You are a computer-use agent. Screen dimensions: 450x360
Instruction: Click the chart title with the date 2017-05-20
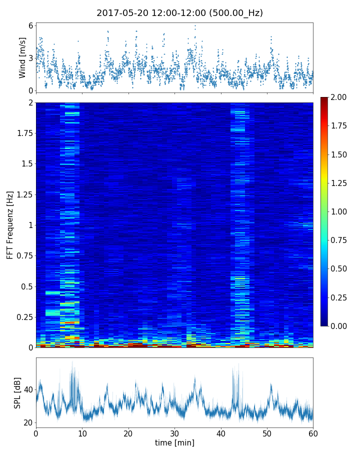point(179,13)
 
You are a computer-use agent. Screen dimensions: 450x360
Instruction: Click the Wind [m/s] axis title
point(22,57)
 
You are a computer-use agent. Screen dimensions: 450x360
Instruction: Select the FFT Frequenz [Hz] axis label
point(10,225)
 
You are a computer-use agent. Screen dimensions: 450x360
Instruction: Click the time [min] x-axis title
point(174,442)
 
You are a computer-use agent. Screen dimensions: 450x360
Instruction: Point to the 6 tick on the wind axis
point(30,25)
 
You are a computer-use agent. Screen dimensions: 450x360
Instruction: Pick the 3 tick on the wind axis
point(30,58)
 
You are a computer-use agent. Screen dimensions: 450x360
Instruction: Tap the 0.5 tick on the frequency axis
point(25,286)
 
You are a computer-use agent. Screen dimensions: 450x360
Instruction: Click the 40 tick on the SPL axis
point(28,390)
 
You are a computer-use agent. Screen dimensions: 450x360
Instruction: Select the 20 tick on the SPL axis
point(28,422)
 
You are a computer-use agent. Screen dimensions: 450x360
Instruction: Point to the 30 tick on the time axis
point(174,432)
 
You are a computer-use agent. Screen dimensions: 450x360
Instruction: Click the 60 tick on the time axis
point(313,432)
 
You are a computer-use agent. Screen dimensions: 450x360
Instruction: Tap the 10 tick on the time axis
point(82,432)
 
